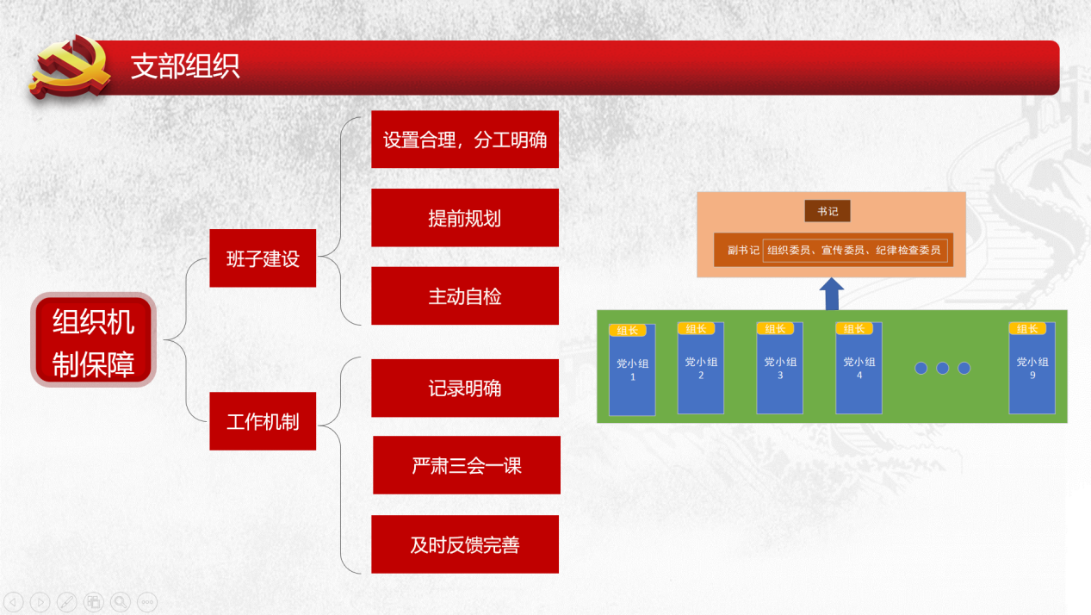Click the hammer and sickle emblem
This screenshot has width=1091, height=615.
(x=71, y=67)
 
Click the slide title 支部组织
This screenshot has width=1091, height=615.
(x=185, y=66)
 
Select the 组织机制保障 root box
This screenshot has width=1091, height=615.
(x=94, y=339)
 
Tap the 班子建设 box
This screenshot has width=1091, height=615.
(x=263, y=258)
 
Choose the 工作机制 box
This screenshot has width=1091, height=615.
(x=263, y=421)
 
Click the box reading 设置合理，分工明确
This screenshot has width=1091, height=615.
(x=465, y=140)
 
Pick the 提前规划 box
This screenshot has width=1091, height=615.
(x=465, y=217)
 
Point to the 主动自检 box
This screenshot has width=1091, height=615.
(x=465, y=295)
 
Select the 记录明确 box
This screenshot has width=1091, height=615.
(x=465, y=388)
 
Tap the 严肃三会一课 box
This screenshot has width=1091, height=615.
(x=467, y=465)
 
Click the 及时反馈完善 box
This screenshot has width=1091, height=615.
(x=465, y=544)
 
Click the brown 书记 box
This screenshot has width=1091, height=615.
(x=828, y=211)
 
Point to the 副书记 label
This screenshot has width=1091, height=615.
(x=743, y=250)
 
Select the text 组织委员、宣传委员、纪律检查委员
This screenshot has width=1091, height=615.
(x=854, y=250)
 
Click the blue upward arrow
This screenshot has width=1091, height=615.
(x=832, y=294)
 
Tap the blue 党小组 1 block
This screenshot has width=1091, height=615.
(x=632, y=370)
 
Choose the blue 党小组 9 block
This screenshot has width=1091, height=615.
(x=1032, y=369)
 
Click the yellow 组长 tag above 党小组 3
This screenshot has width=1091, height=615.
(x=775, y=329)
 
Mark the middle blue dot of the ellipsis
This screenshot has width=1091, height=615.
(x=942, y=369)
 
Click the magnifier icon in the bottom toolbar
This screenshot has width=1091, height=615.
(x=121, y=602)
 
